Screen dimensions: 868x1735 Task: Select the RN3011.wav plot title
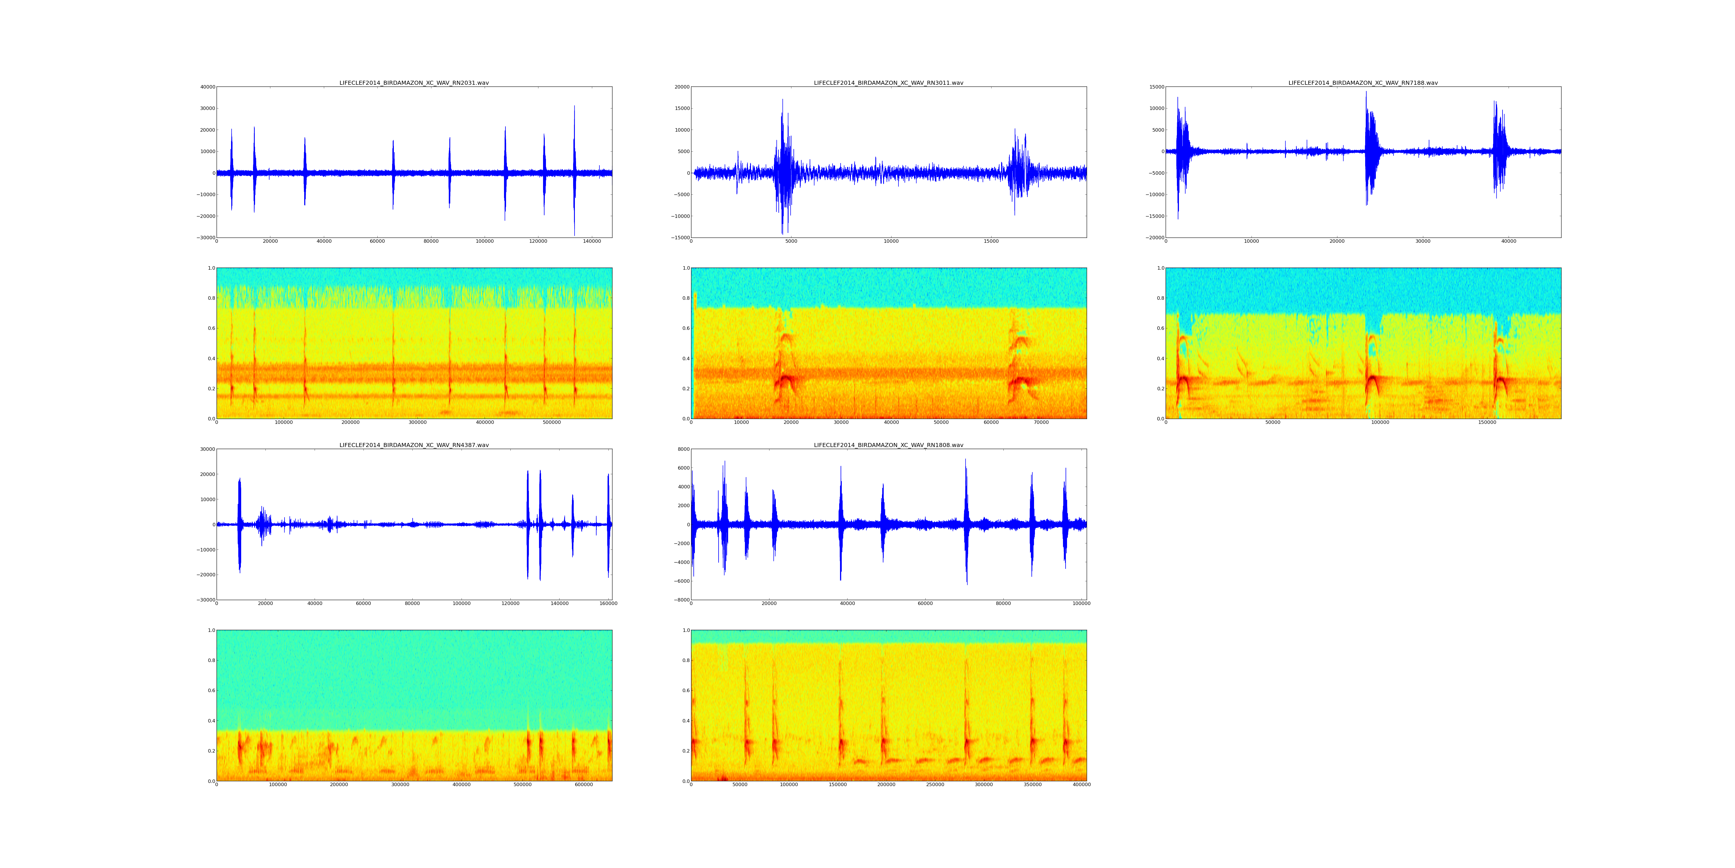coord(888,83)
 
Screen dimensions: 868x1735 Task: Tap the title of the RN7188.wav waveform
coord(1363,83)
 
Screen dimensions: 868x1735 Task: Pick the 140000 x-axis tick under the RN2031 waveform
coord(591,241)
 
